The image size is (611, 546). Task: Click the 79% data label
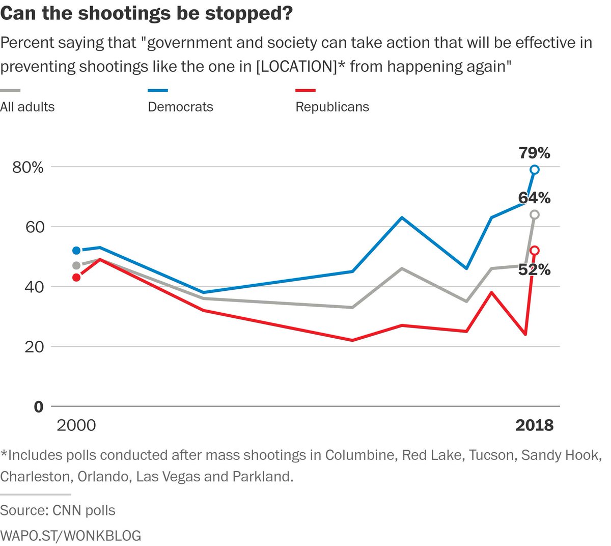[x=534, y=152]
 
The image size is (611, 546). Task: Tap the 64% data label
[x=534, y=198]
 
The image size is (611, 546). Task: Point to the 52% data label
[x=534, y=270]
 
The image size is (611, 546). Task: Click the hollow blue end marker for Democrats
[x=534, y=170]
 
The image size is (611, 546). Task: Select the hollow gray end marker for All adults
[x=534, y=214]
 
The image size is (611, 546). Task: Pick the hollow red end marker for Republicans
[x=534, y=250]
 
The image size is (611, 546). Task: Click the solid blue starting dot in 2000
[x=76, y=251]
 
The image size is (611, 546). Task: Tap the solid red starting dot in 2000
[x=76, y=278]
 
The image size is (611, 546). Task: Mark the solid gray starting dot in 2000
[x=76, y=265]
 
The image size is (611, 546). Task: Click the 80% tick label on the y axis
[x=28, y=167]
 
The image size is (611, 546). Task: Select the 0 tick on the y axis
[x=39, y=406]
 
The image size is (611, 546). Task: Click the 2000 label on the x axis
[x=76, y=425]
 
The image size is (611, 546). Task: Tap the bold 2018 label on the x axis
[x=534, y=425]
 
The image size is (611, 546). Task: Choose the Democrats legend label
[x=180, y=107]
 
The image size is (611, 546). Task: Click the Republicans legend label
[x=332, y=107]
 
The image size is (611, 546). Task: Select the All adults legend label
[x=27, y=107]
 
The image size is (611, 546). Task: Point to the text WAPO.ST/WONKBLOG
[x=71, y=535]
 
